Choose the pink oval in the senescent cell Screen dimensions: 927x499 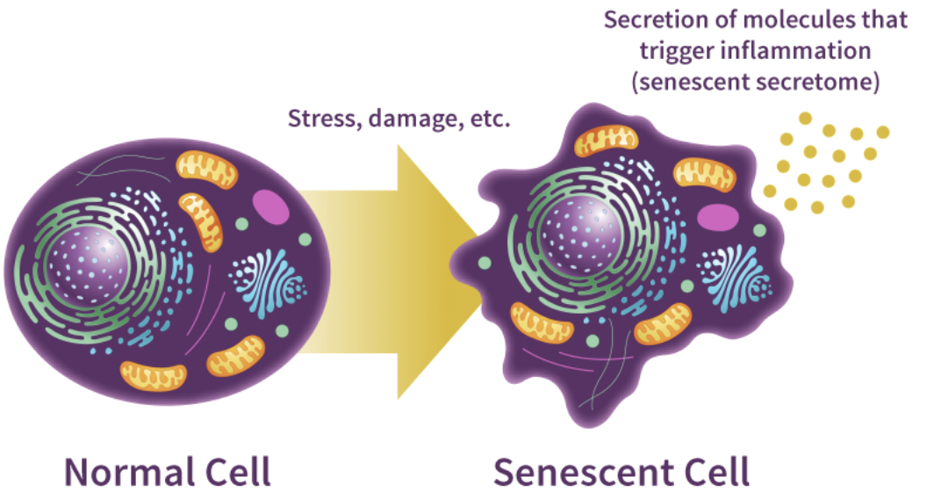coord(718,217)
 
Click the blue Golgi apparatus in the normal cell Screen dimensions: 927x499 coord(267,282)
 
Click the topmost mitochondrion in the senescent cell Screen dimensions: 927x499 coord(607,141)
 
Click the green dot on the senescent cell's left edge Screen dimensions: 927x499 coord(484,263)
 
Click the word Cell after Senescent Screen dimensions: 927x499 coord(716,472)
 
